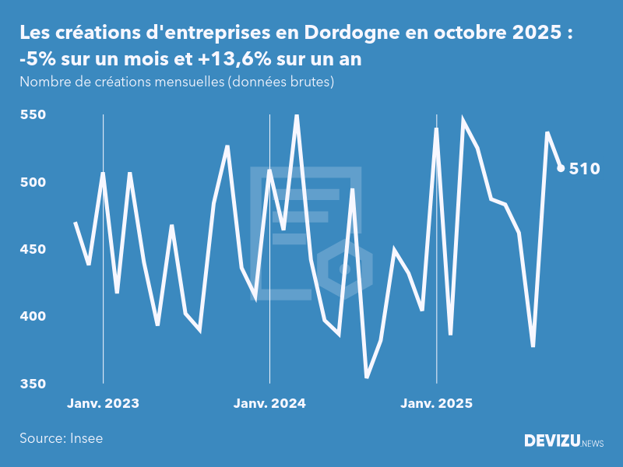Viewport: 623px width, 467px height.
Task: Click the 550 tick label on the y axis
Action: (33, 115)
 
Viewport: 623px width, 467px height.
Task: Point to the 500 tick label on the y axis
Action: (33, 182)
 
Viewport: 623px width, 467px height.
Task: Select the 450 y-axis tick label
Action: (33, 250)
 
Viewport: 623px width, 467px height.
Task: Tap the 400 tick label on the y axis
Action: (33, 317)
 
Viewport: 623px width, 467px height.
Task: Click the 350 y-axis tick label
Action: (33, 384)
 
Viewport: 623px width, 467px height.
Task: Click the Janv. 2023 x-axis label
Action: (103, 403)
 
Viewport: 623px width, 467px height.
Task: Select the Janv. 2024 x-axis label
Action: (269, 403)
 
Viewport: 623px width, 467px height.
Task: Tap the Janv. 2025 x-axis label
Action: (436, 403)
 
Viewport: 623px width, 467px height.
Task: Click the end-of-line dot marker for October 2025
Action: (561, 168)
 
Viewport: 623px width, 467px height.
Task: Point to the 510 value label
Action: (584, 168)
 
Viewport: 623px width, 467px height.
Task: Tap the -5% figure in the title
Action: (36, 59)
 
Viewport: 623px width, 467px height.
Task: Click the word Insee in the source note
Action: (85, 438)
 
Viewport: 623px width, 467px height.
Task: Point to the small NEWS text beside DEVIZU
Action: (593, 444)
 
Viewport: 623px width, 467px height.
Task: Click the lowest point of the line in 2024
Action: (367, 377)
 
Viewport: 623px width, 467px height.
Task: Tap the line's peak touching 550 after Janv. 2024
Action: (297, 116)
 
